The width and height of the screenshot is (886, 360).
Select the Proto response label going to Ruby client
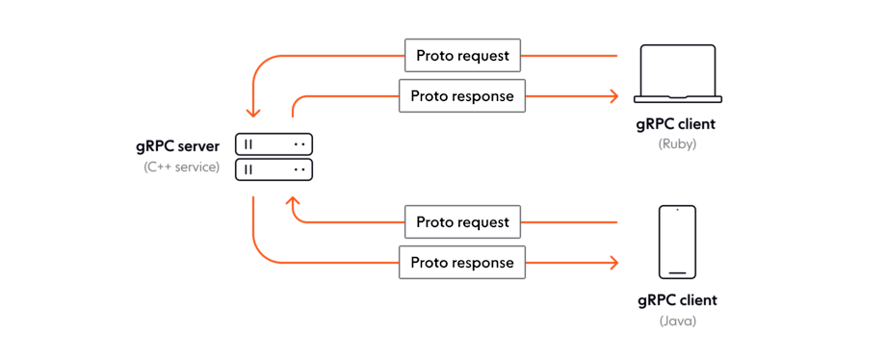462,96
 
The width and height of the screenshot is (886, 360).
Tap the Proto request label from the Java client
462,222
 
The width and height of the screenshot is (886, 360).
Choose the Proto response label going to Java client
462,262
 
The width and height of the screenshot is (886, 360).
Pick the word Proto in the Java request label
435,222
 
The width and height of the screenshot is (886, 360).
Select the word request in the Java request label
484,222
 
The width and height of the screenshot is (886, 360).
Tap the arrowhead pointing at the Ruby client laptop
612,96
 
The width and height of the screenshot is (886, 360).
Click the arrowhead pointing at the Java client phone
612,262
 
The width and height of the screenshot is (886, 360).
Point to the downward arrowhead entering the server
252,112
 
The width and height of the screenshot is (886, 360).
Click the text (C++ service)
181,167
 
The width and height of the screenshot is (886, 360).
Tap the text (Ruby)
677,144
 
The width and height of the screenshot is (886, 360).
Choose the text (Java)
677,321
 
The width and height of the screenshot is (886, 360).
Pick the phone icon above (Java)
677,241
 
